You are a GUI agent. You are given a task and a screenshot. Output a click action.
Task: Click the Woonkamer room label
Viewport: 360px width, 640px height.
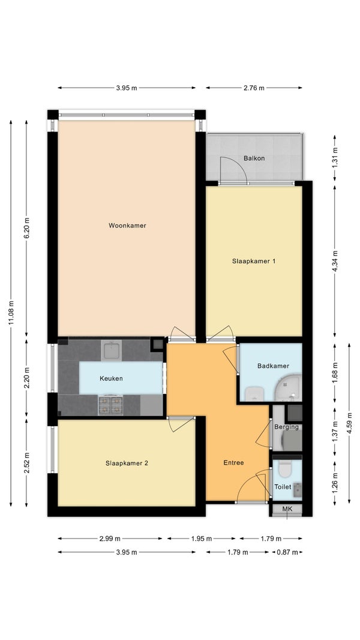coord(127,225)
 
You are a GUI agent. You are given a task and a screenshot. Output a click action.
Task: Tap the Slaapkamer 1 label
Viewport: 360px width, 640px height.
coord(254,261)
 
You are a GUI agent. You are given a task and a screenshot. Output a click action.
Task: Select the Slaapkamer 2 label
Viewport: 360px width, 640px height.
coord(127,463)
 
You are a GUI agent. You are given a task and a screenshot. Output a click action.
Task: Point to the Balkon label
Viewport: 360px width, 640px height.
coord(254,158)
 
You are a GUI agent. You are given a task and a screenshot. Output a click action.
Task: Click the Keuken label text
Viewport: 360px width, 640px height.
coord(111,378)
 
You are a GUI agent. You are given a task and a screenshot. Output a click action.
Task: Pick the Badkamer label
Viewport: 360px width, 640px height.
coord(273,366)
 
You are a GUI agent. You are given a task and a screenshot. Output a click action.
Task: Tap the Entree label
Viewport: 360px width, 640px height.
coord(233,462)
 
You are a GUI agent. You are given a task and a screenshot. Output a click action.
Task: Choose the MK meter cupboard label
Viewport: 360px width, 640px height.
coord(287,509)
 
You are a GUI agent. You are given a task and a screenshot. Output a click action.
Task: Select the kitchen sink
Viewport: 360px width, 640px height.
coord(111,351)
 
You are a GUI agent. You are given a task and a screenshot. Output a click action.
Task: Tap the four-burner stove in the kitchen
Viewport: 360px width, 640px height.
coord(111,405)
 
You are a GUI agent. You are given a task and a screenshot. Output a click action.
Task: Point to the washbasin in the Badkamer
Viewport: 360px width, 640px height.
coord(254,393)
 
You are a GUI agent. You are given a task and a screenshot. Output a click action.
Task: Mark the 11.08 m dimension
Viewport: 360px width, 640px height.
coord(11,313)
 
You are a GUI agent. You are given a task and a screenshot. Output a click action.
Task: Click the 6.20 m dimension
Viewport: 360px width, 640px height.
coord(26,228)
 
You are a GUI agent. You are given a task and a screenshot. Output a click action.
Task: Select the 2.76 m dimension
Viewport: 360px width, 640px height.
coord(254,87)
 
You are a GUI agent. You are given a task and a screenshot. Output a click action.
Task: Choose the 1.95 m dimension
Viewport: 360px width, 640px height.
coord(202,539)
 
